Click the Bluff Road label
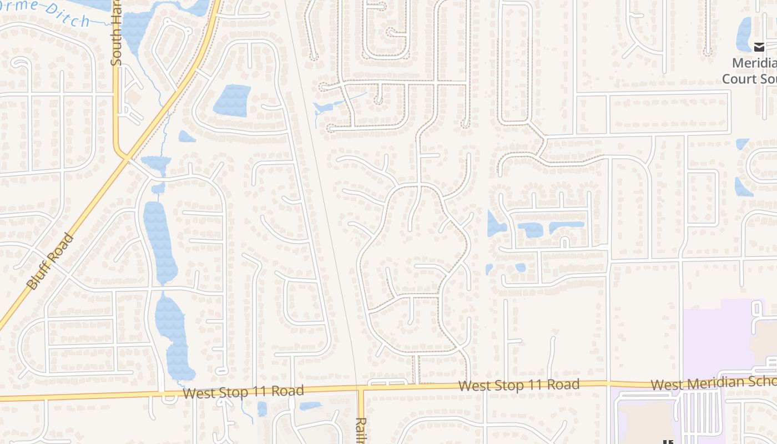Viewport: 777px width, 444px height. click(x=50, y=262)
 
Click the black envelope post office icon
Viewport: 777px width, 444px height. click(x=759, y=47)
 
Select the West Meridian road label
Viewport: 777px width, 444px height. click(x=713, y=382)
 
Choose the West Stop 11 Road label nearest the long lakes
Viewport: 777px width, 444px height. click(x=243, y=392)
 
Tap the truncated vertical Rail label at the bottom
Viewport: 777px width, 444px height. click(x=361, y=430)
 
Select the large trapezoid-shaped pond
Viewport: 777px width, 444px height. click(x=232, y=100)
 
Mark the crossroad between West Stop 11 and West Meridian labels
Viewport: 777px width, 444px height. click(x=609, y=383)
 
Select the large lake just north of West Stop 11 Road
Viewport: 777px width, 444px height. click(x=173, y=336)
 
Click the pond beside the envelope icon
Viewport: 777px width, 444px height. click(x=744, y=34)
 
